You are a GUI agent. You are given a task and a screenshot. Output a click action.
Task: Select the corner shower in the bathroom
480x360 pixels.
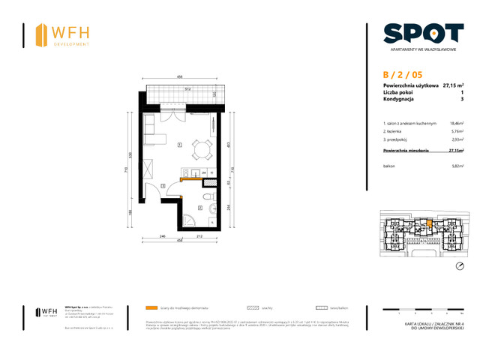click(189, 219)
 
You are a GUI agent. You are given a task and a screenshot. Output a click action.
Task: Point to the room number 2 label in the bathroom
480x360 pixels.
click(199, 207)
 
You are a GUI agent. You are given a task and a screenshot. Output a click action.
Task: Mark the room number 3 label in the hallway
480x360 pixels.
click(163, 185)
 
